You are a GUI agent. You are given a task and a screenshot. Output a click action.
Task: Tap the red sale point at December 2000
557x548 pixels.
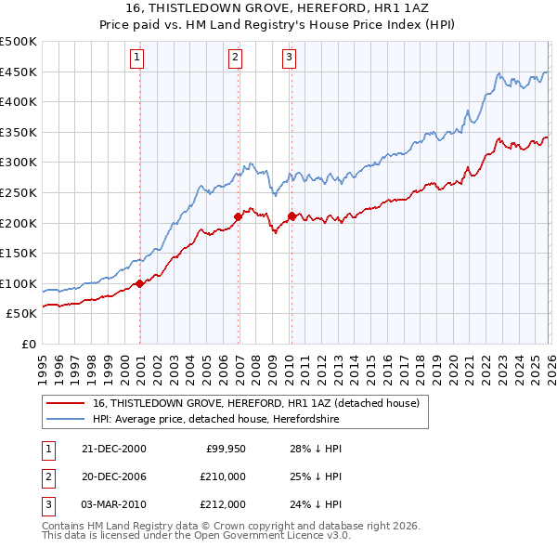pyautogui.click(x=140, y=284)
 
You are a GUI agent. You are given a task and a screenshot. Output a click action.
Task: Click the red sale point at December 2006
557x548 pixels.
pyautogui.click(x=239, y=217)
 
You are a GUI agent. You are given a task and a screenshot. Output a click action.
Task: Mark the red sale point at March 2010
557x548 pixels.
pyautogui.click(x=291, y=216)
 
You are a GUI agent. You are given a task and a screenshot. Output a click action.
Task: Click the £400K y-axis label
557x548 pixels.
pyautogui.click(x=19, y=102)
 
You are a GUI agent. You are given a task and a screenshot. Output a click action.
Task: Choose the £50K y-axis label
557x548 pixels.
pyautogui.click(x=21, y=314)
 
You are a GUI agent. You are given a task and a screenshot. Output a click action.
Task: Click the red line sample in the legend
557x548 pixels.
pyautogui.click(x=66, y=404)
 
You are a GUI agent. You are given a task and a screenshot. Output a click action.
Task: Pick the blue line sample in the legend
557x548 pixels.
pyautogui.click(x=66, y=420)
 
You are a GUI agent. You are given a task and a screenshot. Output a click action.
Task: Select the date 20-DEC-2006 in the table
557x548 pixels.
pyautogui.click(x=113, y=476)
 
